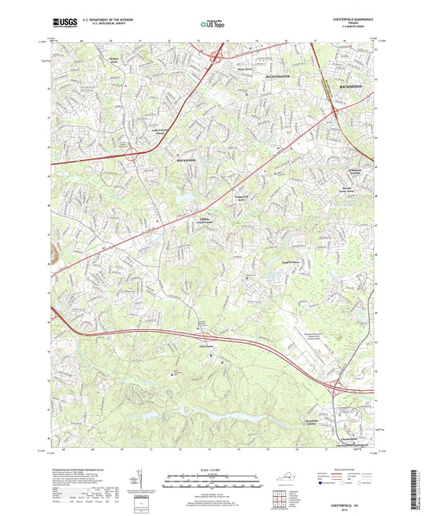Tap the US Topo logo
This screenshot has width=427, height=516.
tap(213, 25)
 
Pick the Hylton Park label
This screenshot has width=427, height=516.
tap(119, 58)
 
